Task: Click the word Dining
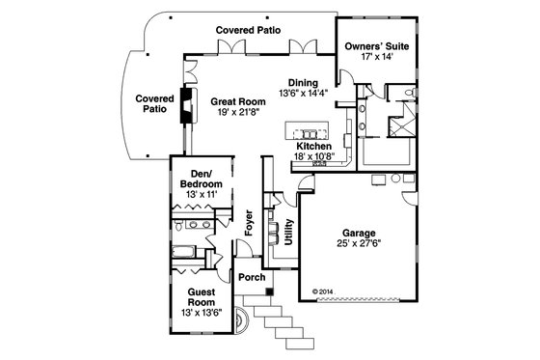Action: pos(304,83)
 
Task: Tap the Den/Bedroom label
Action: pos(202,179)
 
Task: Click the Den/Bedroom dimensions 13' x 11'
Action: pos(202,195)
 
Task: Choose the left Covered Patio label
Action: pos(153,103)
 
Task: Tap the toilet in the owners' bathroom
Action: pos(410,93)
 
